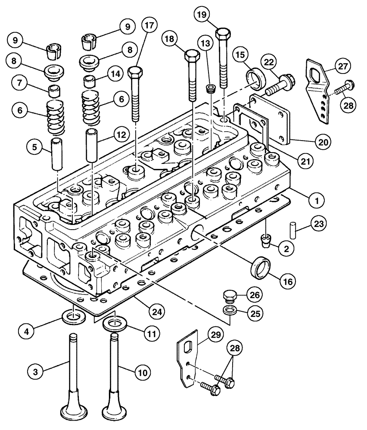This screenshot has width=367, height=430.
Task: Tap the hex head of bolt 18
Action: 191,56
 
